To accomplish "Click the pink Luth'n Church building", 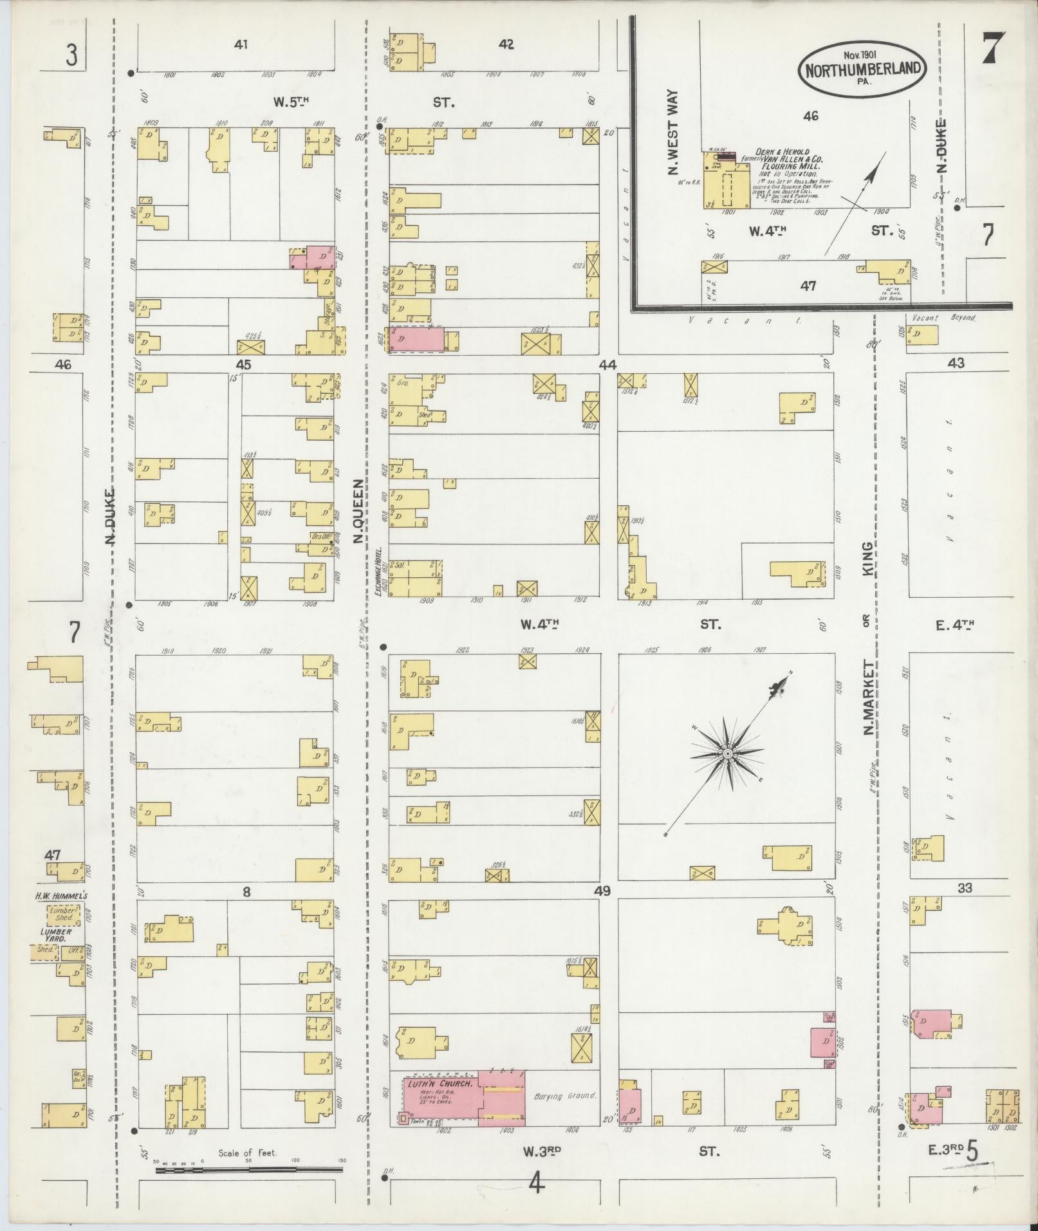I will click(463, 1098).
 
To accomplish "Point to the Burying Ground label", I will click(557, 1095).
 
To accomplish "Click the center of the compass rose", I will click(727, 753).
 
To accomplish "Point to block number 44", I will click(607, 365).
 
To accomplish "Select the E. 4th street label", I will click(955, 624).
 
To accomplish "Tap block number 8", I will click(246, 891).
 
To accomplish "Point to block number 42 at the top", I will click(506, 44).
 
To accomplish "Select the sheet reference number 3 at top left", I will click(71, 56).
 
